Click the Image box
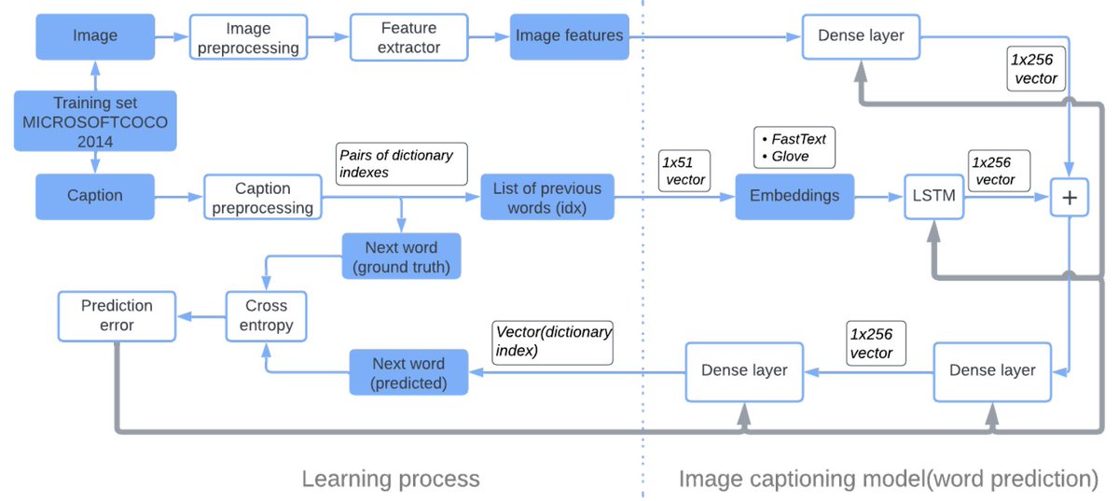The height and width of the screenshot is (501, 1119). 95,36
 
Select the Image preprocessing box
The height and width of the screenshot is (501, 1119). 248,38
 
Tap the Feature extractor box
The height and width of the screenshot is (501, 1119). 409,37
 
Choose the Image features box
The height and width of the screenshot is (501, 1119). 569,36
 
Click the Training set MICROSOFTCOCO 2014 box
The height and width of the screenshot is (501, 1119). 95,121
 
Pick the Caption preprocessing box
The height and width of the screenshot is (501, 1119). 262,197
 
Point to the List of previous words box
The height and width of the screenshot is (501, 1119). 547,198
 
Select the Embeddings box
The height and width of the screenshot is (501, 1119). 794,196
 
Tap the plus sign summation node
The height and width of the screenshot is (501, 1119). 1070,198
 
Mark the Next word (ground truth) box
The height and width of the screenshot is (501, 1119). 401,257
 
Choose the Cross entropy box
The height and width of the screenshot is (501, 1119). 267,315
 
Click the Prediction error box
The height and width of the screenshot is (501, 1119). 117,315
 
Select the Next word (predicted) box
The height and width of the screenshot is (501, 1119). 408,372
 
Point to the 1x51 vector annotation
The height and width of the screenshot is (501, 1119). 685,170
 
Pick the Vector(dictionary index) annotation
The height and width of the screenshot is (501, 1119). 553,341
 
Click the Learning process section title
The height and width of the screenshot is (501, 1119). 390,480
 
